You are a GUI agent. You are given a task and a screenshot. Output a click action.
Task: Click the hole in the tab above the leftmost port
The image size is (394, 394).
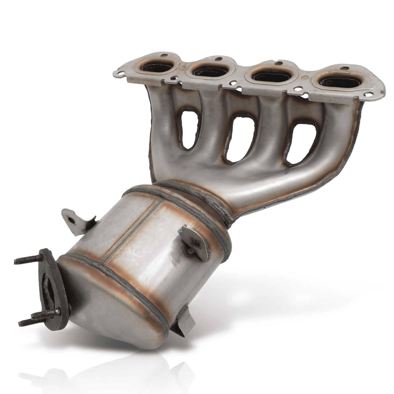[165, 55]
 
